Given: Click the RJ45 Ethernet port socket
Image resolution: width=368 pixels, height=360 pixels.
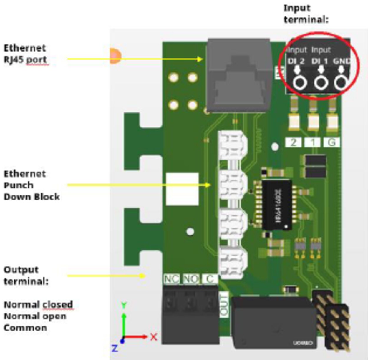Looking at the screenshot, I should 238,75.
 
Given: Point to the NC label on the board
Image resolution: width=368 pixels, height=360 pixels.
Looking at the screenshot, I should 171,279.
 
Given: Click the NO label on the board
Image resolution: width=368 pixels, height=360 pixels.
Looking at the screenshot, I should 191,279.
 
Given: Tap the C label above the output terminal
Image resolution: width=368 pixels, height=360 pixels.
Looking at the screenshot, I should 210,279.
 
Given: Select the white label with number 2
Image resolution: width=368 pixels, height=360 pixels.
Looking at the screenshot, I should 294,143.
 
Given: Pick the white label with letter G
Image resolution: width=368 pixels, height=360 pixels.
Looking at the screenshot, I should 331,143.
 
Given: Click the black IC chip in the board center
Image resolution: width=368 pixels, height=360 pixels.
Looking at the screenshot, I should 277,205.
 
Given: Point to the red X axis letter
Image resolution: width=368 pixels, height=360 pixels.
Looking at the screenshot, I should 154,337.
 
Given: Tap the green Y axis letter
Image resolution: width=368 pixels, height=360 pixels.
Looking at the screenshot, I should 124,305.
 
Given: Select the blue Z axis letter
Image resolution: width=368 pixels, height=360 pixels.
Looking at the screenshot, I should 115,349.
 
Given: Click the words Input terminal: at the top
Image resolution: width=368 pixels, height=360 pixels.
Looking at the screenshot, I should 306,14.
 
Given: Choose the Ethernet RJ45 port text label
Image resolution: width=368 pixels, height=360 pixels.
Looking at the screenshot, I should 25,54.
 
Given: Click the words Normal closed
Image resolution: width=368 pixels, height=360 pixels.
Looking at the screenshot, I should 38,305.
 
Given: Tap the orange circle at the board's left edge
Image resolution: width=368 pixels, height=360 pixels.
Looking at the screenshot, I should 115,56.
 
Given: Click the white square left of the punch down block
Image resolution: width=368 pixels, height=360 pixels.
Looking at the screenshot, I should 182,189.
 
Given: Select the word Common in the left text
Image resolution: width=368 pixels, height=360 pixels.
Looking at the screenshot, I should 25,328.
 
